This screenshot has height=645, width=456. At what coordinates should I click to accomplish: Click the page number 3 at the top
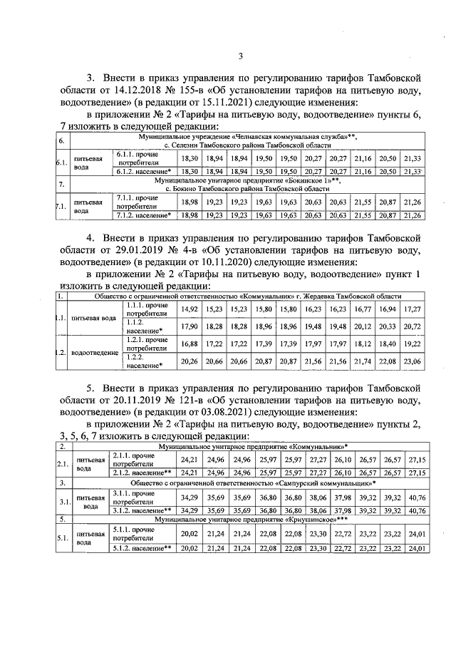pos(240,57)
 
